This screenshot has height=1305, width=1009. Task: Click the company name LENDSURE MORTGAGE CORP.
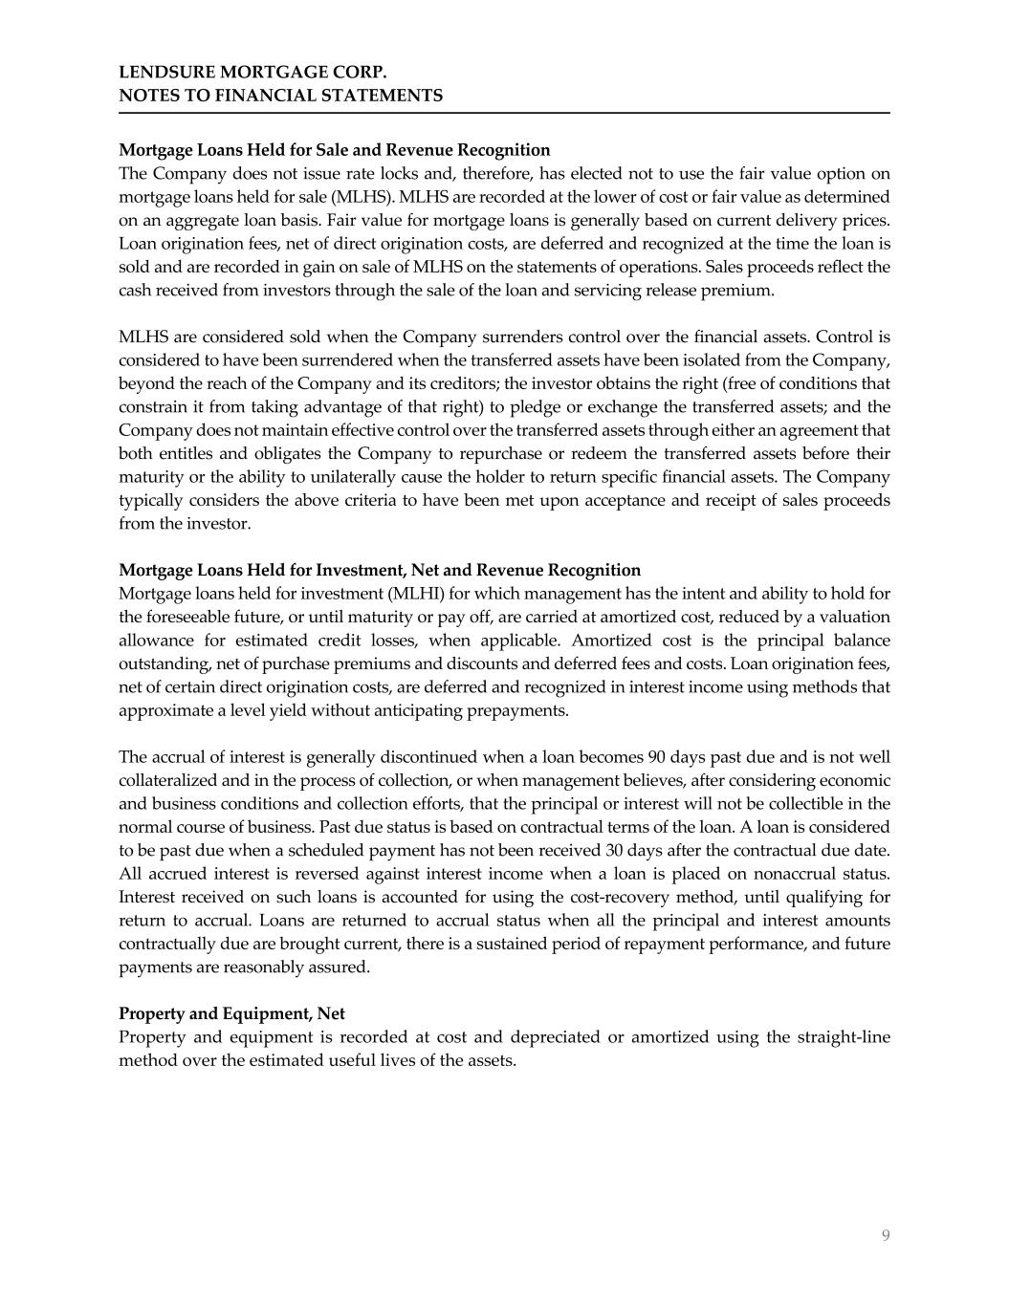[252, 72]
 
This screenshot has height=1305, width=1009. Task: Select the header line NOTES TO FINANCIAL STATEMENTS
[280, 96]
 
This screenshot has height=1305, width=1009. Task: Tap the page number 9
[886, 1235]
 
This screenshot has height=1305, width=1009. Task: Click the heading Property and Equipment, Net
[231, 1013]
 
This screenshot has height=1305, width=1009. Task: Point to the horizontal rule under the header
[504, 113]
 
